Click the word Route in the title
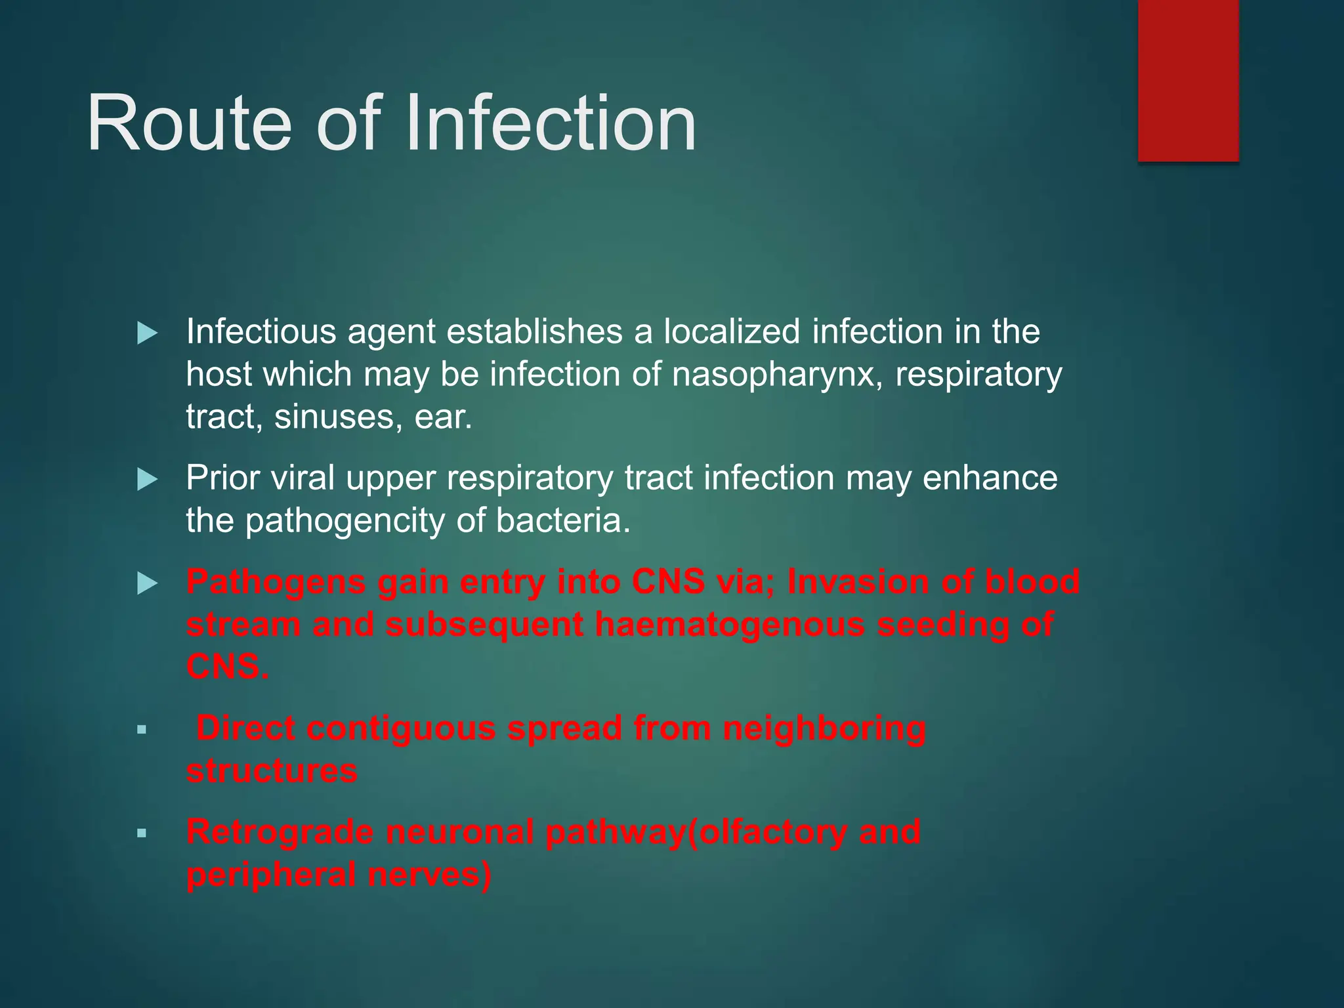189,123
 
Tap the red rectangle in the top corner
1188,80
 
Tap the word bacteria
562,520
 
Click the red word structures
272,771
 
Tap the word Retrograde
280,833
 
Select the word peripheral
271,875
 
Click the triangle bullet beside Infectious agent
147,333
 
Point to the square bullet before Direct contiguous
141,730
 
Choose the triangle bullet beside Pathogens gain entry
147,583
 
